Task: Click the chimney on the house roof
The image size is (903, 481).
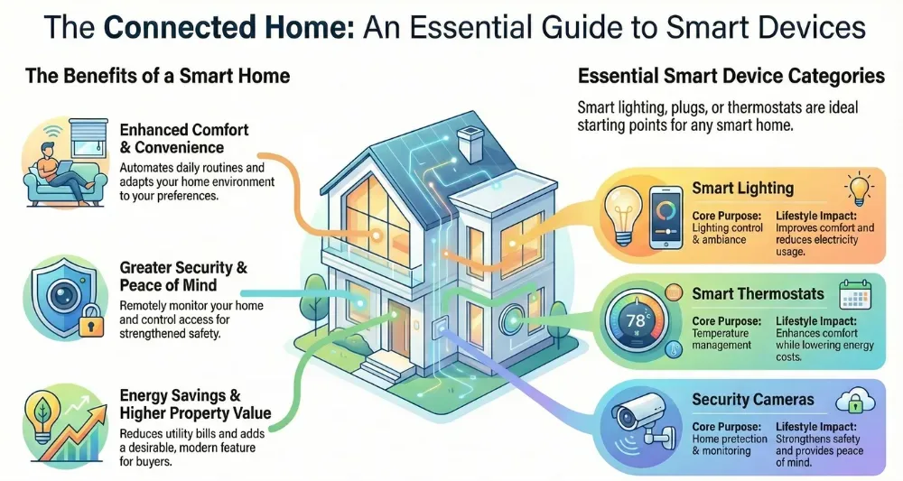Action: pos(470,143)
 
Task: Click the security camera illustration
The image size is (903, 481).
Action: pos(637,418)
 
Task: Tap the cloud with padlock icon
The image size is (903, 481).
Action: pos(852,400)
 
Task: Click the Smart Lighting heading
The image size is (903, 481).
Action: pos(742,189)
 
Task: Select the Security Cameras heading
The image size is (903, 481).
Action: pos(753,400)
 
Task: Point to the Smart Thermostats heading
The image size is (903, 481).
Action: pos(758,294)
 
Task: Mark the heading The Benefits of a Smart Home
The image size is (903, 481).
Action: pos(157,76)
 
